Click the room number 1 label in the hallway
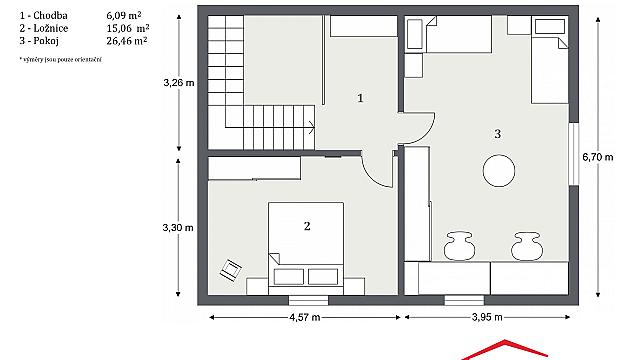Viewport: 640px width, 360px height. [360, 98]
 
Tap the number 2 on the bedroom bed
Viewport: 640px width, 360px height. [307, 226]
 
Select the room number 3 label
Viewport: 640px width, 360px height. [497, 134]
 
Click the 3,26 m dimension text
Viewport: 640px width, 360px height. [179, 83]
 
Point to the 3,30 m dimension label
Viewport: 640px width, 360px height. [178, 227]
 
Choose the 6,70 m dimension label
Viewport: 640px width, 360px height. [598, 157]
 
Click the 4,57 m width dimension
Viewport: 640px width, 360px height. [305, 317]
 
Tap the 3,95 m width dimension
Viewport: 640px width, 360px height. [487, 317]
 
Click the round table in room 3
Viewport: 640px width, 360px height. [499, 171]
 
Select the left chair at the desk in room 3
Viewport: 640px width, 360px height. [459, 246]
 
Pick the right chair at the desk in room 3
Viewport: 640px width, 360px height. [527, 246]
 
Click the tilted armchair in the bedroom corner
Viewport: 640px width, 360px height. [231, 270]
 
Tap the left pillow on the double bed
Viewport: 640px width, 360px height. [289, 277]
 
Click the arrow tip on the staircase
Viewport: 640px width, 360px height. [314, 128]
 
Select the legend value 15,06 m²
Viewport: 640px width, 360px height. [128, 28]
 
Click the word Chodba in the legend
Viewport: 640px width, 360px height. [50, 16]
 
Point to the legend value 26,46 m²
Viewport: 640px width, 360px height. [127, 41]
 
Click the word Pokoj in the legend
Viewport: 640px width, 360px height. [46, 41]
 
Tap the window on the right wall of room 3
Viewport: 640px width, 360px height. [574, 154]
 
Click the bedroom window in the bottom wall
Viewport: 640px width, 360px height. [309, 300]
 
